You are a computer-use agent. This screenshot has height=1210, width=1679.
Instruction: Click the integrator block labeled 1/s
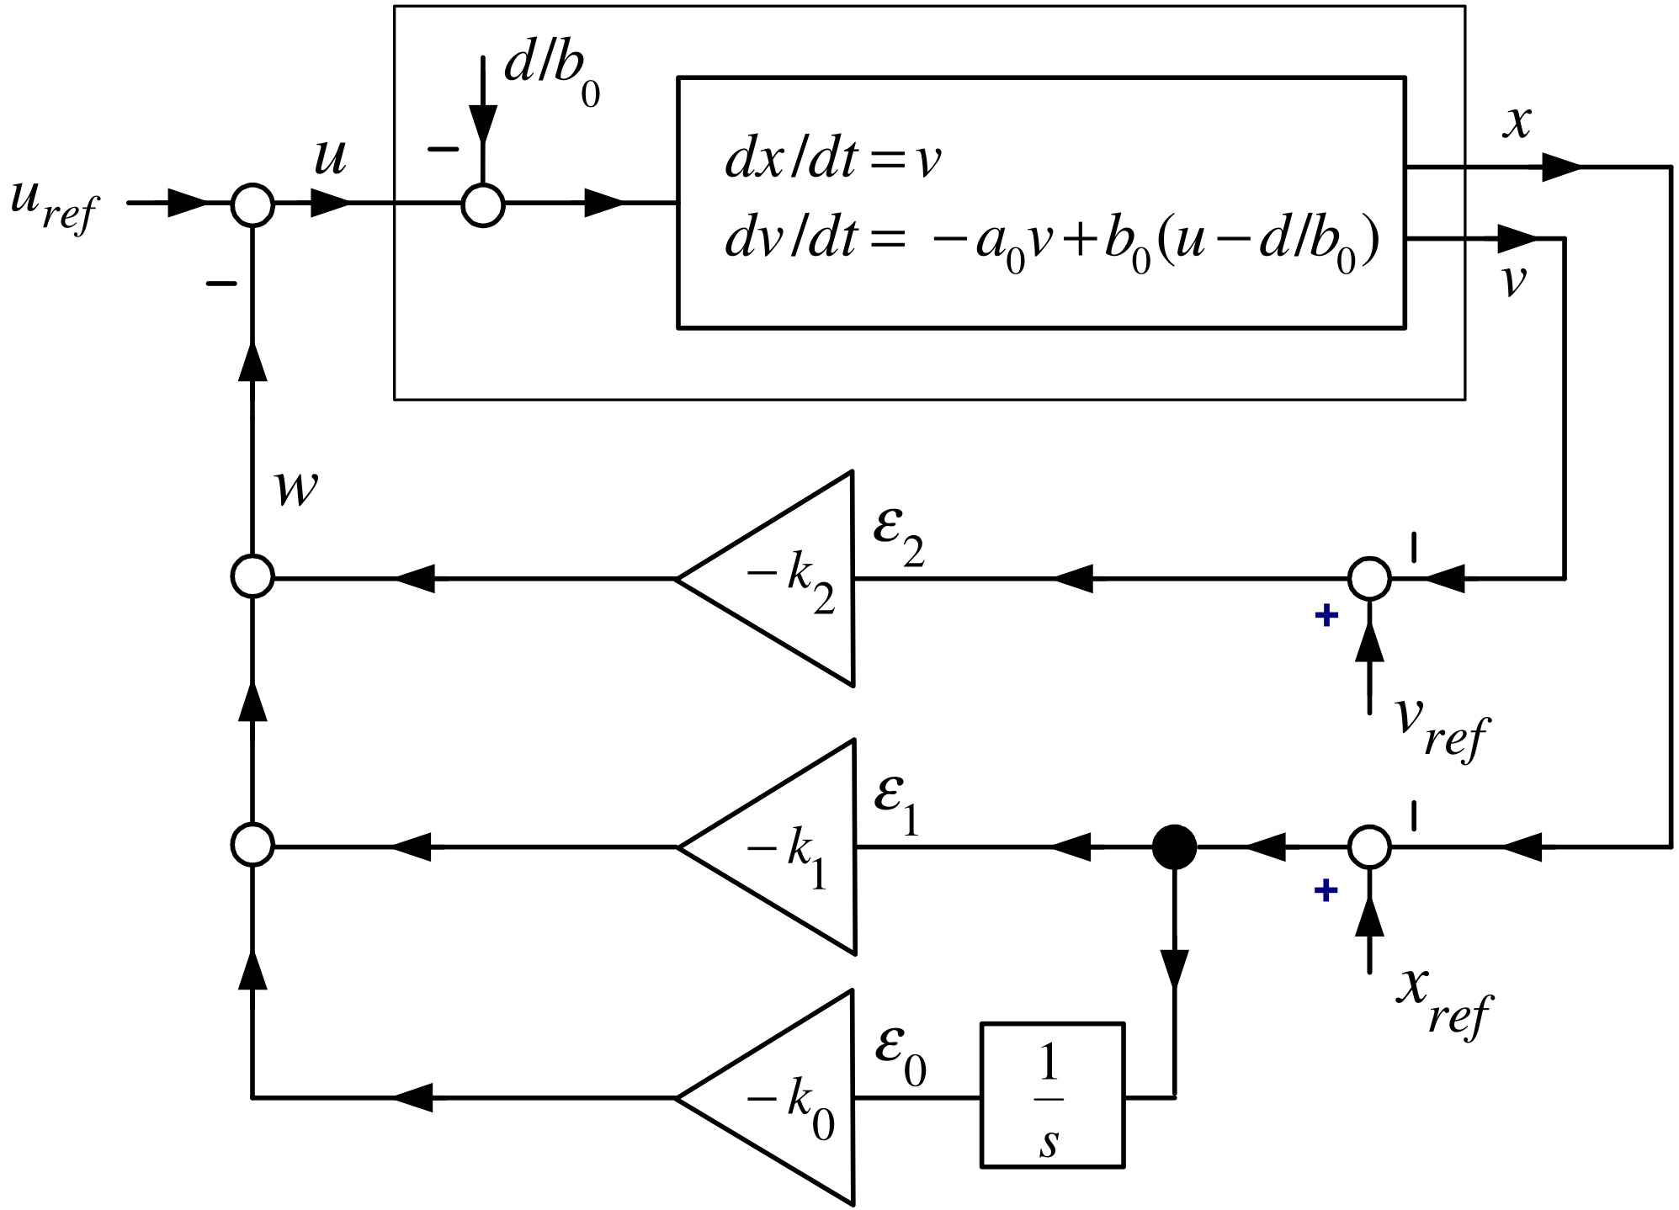[x=1052, y=1095]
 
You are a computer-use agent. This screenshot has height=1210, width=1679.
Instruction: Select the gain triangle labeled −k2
[x=766, y=578]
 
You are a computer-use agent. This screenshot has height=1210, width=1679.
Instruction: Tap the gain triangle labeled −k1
[x=767, y=846]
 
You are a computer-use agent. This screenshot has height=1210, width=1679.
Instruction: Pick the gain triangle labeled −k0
[x=766, y=1097]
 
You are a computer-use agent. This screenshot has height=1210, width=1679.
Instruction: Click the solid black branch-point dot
[x=1174, y=846]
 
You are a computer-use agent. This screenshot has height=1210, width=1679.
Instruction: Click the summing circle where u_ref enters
[x=252, y=204]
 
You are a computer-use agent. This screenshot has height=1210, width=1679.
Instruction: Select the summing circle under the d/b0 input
[x=483, y=204]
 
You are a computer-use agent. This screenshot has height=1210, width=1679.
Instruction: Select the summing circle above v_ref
[x=1369, y=578]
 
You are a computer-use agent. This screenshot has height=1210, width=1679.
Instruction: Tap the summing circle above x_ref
[x=1369, y=846]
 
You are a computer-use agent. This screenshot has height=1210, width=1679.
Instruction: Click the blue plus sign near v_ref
[x=1326, y=615]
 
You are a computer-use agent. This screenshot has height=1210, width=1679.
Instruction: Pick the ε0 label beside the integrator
[x=901, y=1057]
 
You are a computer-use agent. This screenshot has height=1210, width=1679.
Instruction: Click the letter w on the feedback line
[x=297, y=488]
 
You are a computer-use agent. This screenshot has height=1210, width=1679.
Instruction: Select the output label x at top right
[x=1517, y=122]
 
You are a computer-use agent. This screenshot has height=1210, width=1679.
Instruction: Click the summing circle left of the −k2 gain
[x=252, y=577]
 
